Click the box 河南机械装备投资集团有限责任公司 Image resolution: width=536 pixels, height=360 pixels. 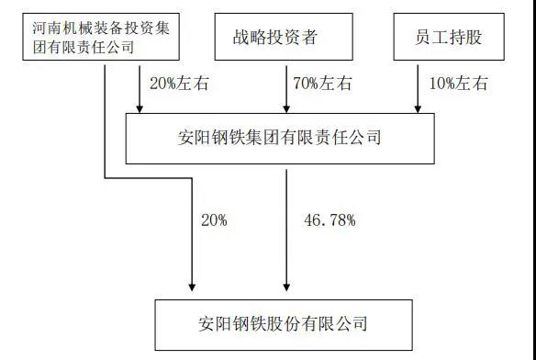point(101,37)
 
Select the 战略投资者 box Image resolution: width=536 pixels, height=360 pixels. point(284,37)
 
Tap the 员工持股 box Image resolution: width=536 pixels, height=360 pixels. point(449,37)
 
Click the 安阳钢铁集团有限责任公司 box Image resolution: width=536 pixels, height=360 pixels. point(280,139)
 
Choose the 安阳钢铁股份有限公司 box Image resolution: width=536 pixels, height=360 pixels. point(284,325)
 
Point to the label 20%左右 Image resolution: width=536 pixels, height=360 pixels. point(179,84)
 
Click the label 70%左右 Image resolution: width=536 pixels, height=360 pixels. point(322,84)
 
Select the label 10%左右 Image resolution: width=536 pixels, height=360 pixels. point(458,84)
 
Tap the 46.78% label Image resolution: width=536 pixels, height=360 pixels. point(329,220)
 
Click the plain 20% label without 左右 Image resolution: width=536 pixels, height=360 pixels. point(214,220)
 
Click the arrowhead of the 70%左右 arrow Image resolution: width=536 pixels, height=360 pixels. point(286,109)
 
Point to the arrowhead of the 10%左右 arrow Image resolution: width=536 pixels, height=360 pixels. point(418,109)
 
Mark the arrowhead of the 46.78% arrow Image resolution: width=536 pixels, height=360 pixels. point(286,287)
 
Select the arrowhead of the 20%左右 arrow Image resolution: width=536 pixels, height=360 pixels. point(140,109)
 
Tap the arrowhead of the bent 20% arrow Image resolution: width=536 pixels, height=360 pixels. point(192,287)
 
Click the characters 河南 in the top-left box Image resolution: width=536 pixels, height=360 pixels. point(46,28)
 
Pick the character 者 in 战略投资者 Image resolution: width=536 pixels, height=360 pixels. point(309,37)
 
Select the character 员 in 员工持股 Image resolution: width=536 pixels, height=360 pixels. point(423,37)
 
